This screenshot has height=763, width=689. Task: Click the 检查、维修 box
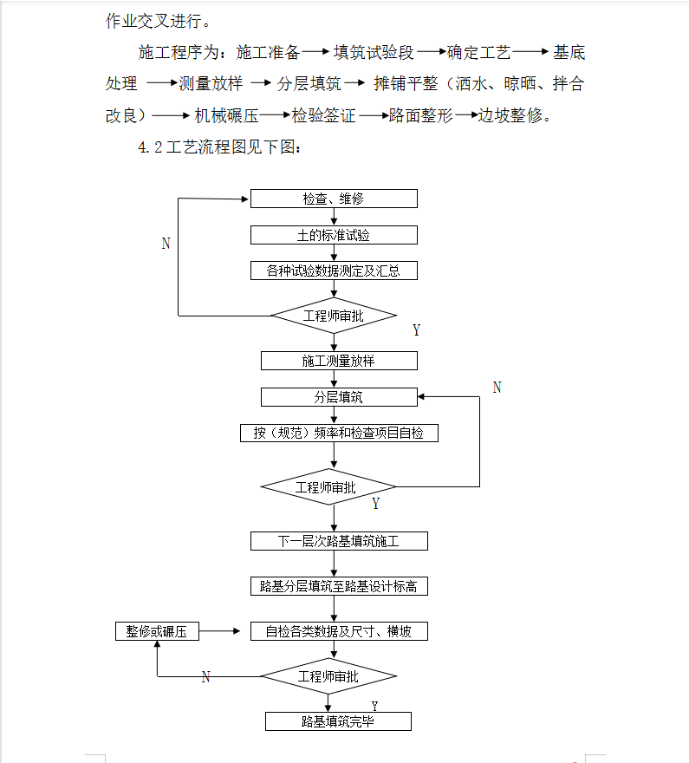click(x=334, y=199)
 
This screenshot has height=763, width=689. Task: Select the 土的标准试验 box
click(x=334, y=235)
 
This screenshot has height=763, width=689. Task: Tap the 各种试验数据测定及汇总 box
click(x=334, y=271)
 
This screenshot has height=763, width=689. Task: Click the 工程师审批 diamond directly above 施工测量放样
click(x=334, y=316)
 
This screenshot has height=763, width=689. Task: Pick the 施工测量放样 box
click(x=338, y=361)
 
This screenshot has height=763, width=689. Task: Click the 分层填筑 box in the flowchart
click(x=338, y=397)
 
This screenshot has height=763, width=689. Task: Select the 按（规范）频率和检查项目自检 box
click(x=339, y=433)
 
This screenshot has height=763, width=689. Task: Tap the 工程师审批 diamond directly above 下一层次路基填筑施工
click(x=327, y=487)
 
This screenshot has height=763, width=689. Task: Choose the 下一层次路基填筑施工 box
click(x=339, y=541)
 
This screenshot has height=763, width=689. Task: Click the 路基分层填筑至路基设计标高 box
click(x=339, y=587)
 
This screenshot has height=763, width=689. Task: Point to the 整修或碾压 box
click(x=157, y=631)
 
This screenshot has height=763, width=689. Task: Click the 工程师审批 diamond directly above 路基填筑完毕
click(x=328, y=676)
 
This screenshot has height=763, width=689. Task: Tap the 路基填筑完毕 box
click(x=338, y=721)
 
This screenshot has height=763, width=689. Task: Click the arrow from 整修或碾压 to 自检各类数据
click(x=224, y=631)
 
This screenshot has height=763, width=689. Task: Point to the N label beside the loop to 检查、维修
click(x=166, y=244)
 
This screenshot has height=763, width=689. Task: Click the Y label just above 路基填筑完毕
click(x=374, y=707)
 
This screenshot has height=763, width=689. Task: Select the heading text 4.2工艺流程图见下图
click(x=220, y=147)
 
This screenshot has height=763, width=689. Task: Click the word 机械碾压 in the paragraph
click(x=227, y=115)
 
